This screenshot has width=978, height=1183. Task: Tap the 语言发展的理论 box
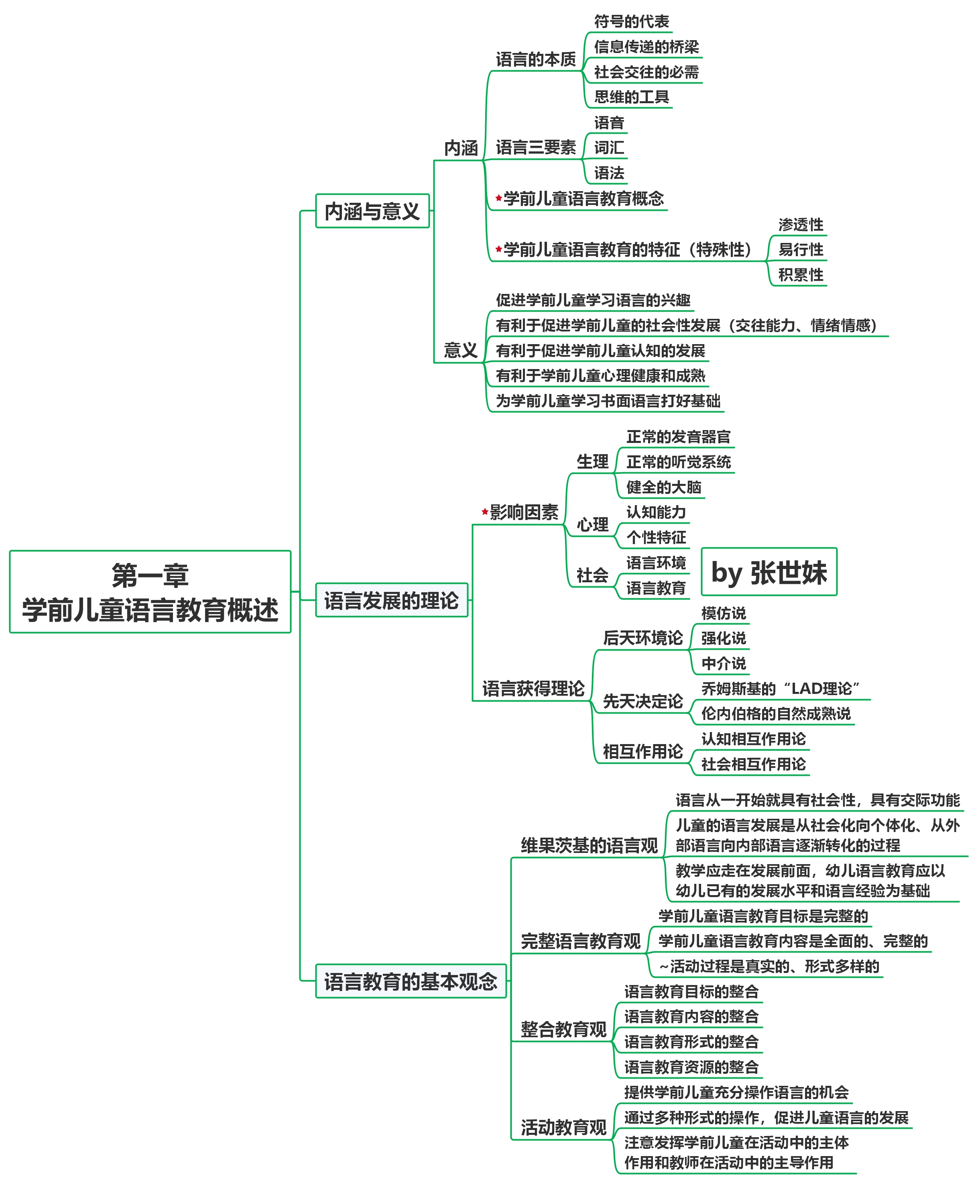pos(391,600)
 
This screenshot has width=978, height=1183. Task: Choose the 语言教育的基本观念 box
pos(411,981)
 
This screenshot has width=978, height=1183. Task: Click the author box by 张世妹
pos(769,572)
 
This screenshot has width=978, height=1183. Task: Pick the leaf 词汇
pos(609,148)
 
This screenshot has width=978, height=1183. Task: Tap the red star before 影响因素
pos(485,512)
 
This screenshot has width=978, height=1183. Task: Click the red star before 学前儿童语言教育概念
pos(498,198)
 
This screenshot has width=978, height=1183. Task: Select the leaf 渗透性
pos(800,225)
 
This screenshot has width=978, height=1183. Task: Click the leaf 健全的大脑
pos(663,487)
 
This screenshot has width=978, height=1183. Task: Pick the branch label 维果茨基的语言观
pos(589,845)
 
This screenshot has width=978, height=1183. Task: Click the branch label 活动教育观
pos(563,1127)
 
